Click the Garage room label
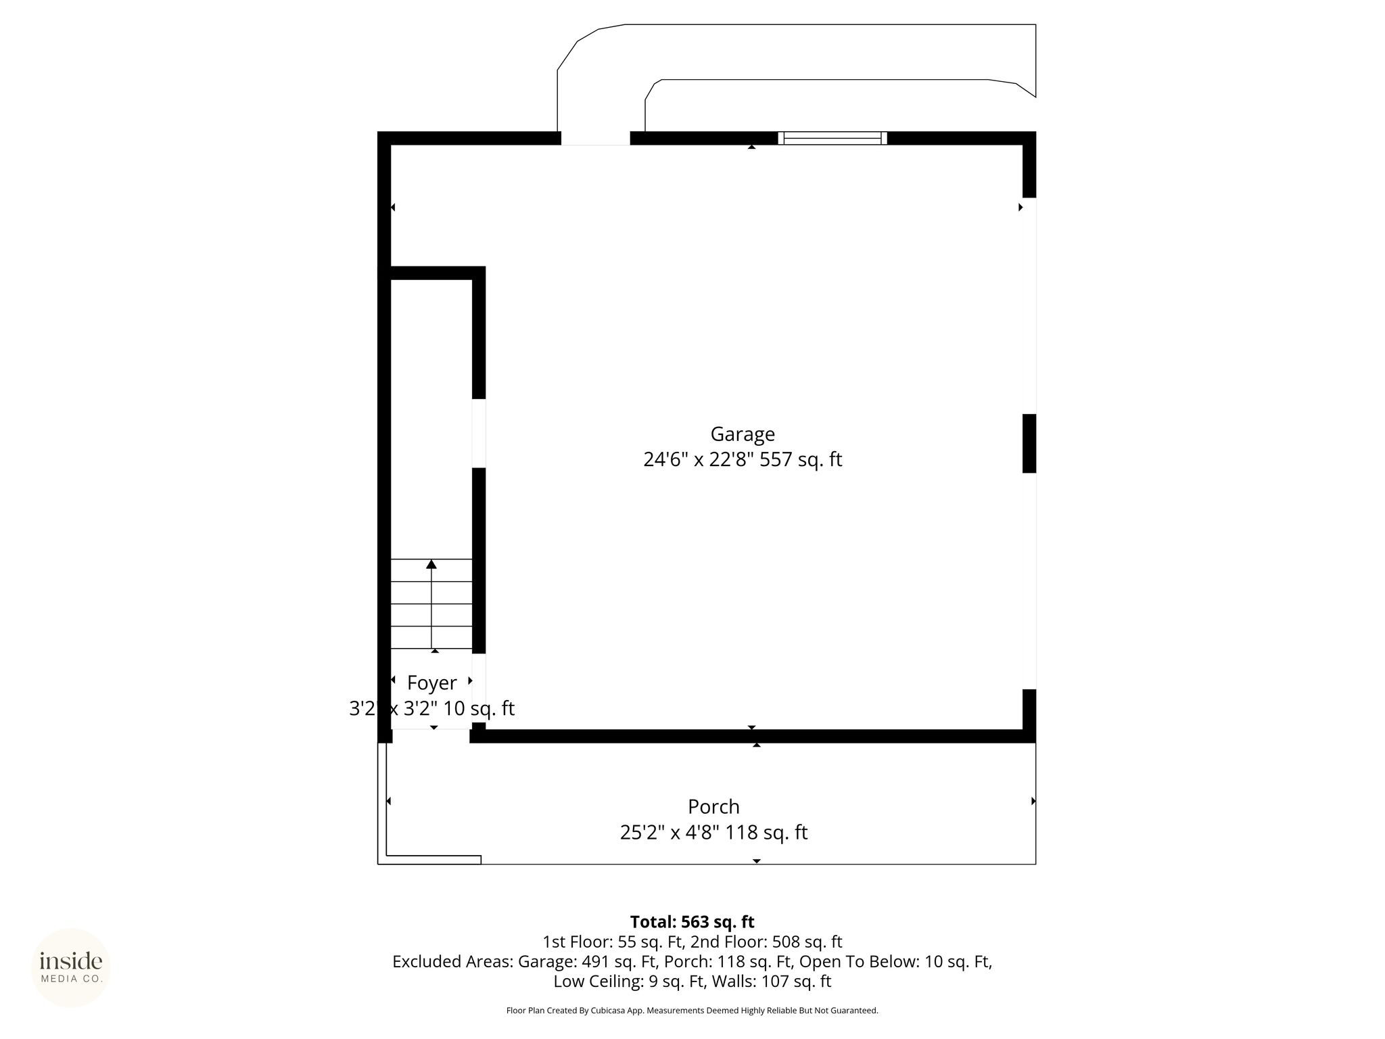(x=743, y=434)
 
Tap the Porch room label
(x=713, y=807)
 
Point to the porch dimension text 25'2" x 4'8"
(x=670, y=833)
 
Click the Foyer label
(x=432, y=683)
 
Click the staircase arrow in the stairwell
(x=431, y=603)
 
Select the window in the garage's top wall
(x=832, y=138)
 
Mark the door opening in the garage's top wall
(x=595, y=138)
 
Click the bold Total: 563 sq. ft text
(x=692, y=922)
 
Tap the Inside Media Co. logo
(x=71, y=968)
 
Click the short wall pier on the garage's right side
(x=1029, y=443)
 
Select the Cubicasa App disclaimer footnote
(x=692, y=1011)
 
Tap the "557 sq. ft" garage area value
(x=801, y=460)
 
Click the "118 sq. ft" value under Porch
(x=767, y=833)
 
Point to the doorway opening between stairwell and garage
(x=479, y=433)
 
